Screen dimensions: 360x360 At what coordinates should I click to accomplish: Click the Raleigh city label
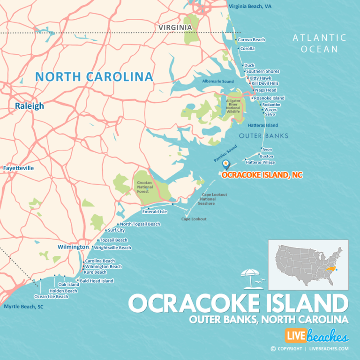click(x=29, y=106)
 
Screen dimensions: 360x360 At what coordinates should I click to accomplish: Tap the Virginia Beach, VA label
click(x=250, y=7)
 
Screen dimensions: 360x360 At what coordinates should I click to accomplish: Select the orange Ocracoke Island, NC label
click(x=262, y=175)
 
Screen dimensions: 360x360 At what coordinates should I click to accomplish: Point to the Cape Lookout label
click(x=194, y=219)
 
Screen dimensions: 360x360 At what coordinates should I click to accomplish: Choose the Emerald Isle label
click(x=154, y=211)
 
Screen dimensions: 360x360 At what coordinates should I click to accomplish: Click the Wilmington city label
click(x=73, y=247)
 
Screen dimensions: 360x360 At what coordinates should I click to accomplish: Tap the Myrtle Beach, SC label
click(x=23, y=307)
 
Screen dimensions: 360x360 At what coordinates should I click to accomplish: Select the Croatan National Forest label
click(x=145, y=187)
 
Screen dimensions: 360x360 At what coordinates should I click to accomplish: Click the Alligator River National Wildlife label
click(x=233, y=106)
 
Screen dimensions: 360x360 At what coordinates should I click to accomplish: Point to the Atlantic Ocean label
click(x=319, y=43)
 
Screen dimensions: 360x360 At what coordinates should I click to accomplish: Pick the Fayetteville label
click(x=18, y=168)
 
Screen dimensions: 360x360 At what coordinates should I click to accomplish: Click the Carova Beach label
click(x=251, y=40)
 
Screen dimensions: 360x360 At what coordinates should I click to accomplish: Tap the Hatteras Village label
click(x=260, y=162)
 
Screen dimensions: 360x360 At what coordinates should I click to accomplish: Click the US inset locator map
click(x=308, y=264)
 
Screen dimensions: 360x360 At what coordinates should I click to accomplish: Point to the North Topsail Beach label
click(x=140, y=224)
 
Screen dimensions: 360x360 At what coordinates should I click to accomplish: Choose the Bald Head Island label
click(x=97, y=281)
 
